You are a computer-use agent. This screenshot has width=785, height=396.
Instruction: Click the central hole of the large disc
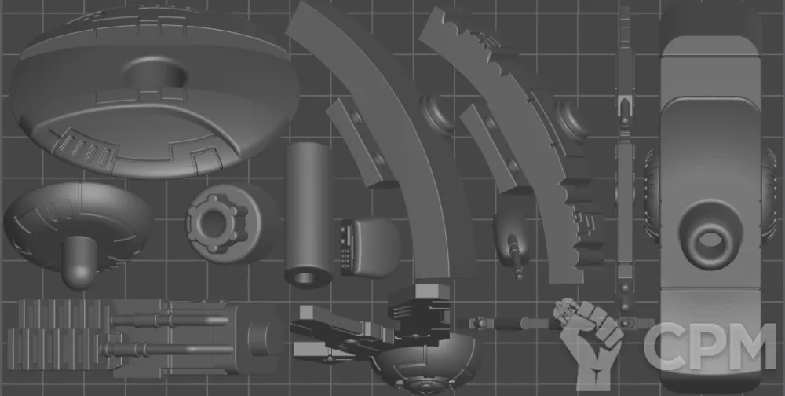(155, 75)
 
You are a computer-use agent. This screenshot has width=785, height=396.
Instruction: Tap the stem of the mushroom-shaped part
(79, 261)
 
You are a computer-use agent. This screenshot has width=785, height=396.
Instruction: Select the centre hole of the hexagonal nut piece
(215, 222)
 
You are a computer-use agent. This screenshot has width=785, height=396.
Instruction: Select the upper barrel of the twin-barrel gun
(170, 320)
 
